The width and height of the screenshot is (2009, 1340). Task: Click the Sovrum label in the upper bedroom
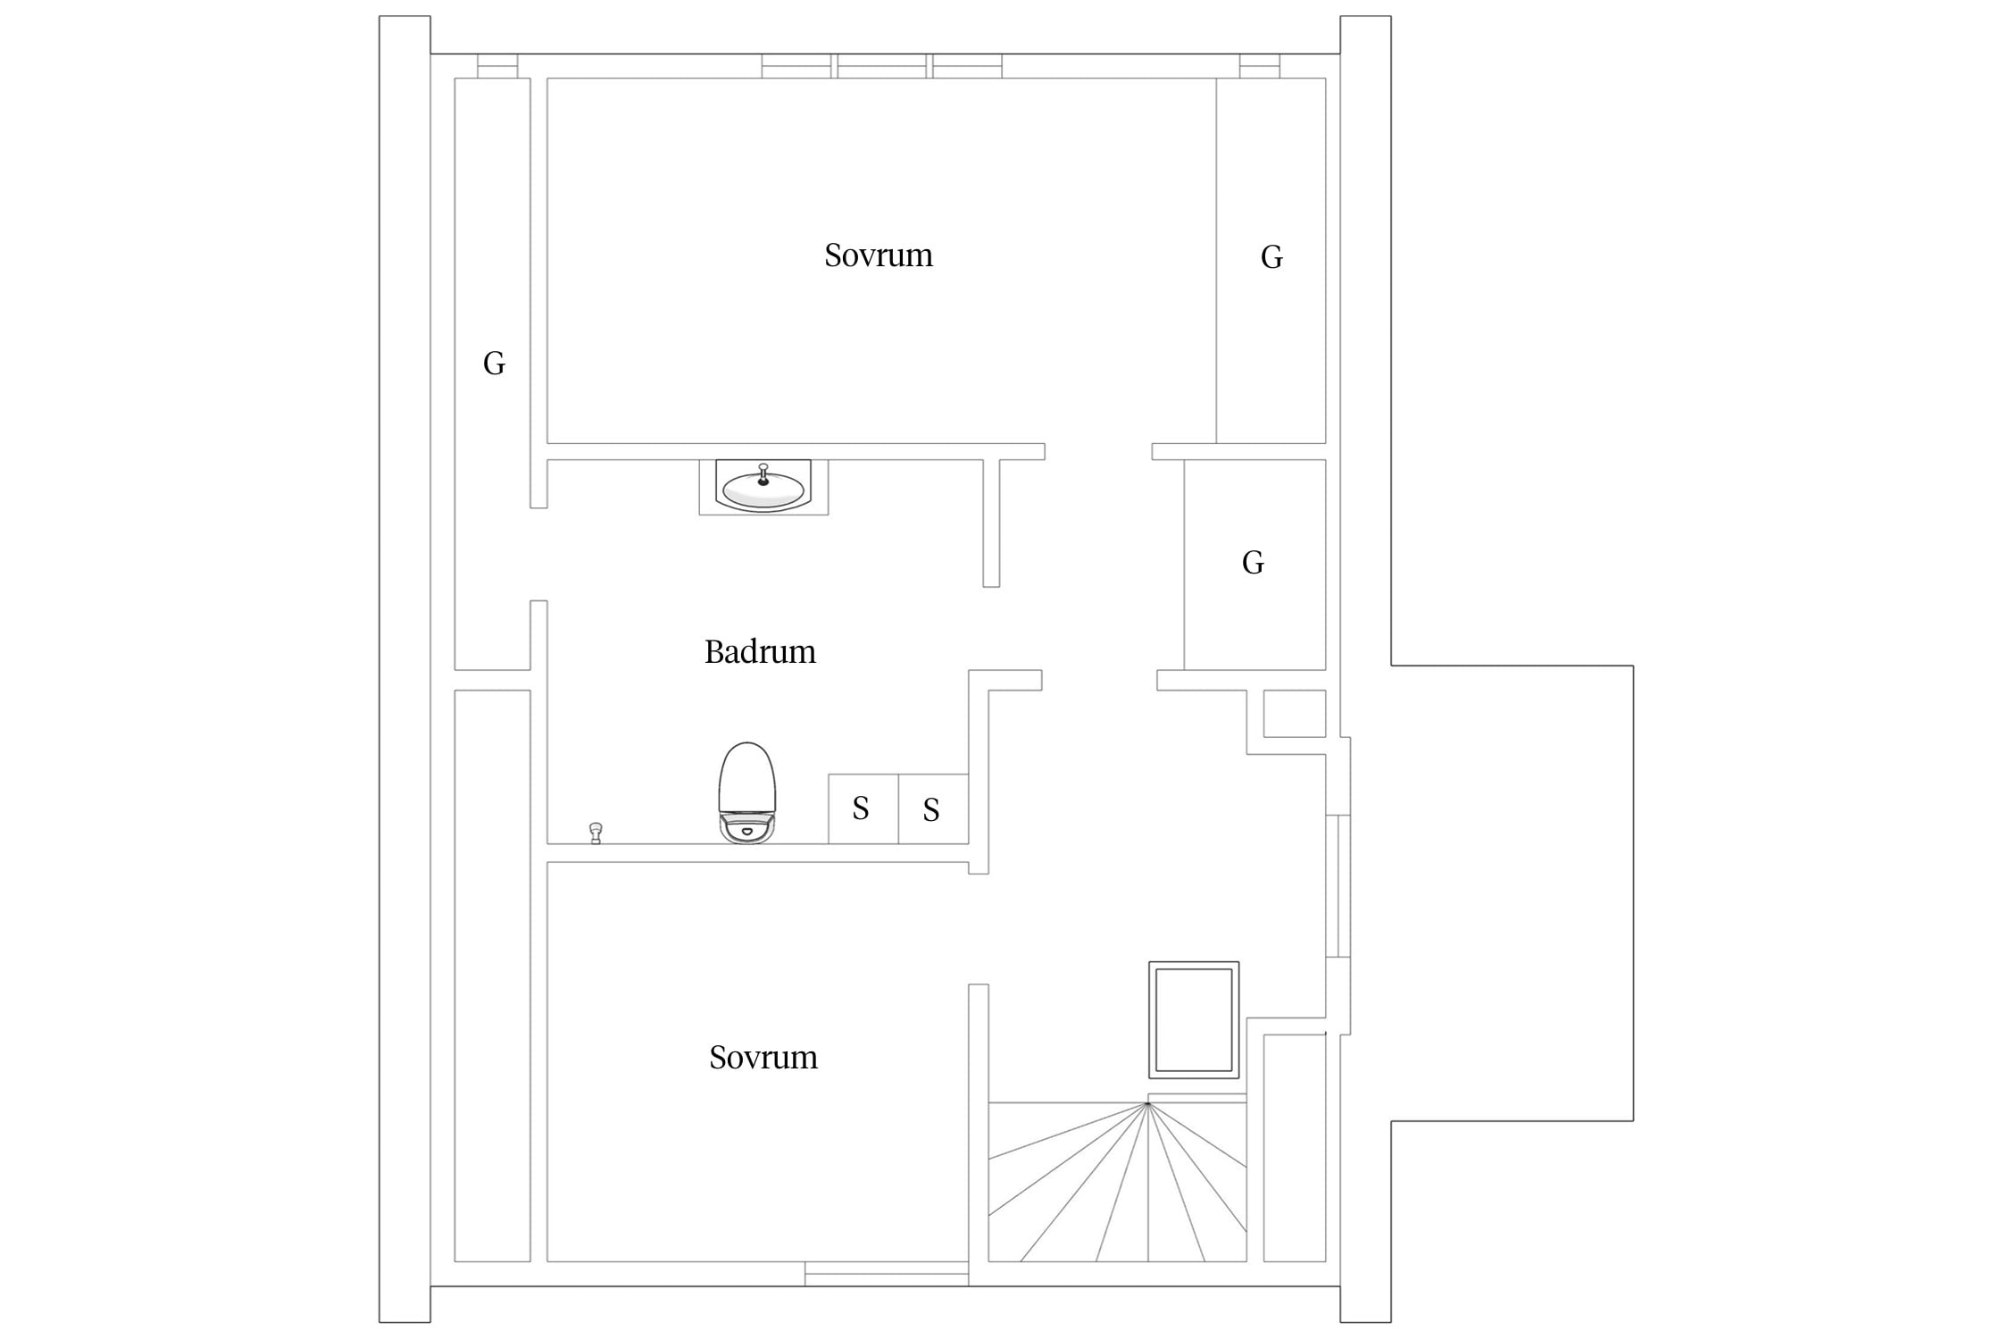click(879, 255)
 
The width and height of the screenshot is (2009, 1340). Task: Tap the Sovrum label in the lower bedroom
click(763, 1058)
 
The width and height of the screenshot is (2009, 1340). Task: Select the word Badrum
click(760, 652)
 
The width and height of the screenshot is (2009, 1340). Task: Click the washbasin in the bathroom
click(763, 488)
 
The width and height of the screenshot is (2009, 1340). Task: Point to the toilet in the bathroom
click(747, 792)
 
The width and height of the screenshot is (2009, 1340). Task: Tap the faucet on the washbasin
click(763, 473)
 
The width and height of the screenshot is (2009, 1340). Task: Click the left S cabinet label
click(861, 808)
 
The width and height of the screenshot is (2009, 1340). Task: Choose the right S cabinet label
click(931, 810)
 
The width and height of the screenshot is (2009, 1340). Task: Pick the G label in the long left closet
click(494, 363)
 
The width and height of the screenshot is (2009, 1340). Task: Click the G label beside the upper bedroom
click(1271, 257)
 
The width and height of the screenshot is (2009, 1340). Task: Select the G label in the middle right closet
click(1253, 563)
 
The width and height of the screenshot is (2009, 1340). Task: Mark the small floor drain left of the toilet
click(596, 833)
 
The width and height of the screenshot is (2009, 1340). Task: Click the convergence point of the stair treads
click(1147, 1104)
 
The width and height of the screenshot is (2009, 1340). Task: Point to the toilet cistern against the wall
click(747, 829)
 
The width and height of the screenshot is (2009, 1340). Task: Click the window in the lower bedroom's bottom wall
click(887, 1274)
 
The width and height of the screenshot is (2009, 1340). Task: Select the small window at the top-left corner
click(497, 66)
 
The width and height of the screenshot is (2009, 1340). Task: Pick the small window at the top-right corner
click(1260, 66)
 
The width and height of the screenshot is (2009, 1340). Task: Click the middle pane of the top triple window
click(881, 66)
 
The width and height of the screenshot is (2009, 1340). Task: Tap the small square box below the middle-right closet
click(1295, 714)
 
